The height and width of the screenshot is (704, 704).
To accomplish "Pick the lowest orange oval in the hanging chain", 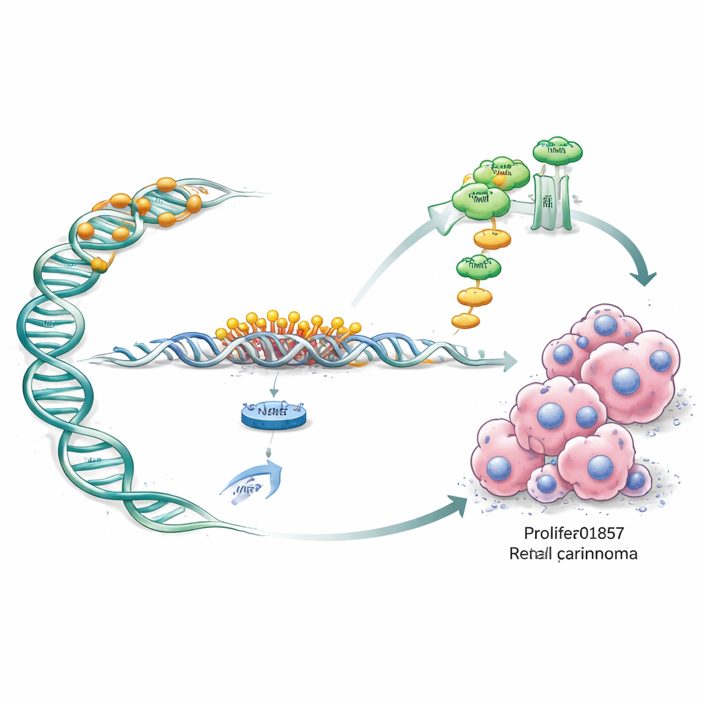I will (466, 320).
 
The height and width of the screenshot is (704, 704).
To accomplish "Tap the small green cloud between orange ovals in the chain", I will (478, 264).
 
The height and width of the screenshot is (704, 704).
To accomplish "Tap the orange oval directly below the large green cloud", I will (493, 239).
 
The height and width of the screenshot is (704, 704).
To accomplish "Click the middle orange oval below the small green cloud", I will (475, 296).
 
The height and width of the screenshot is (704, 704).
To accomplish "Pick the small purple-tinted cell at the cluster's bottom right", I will (636, 478).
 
